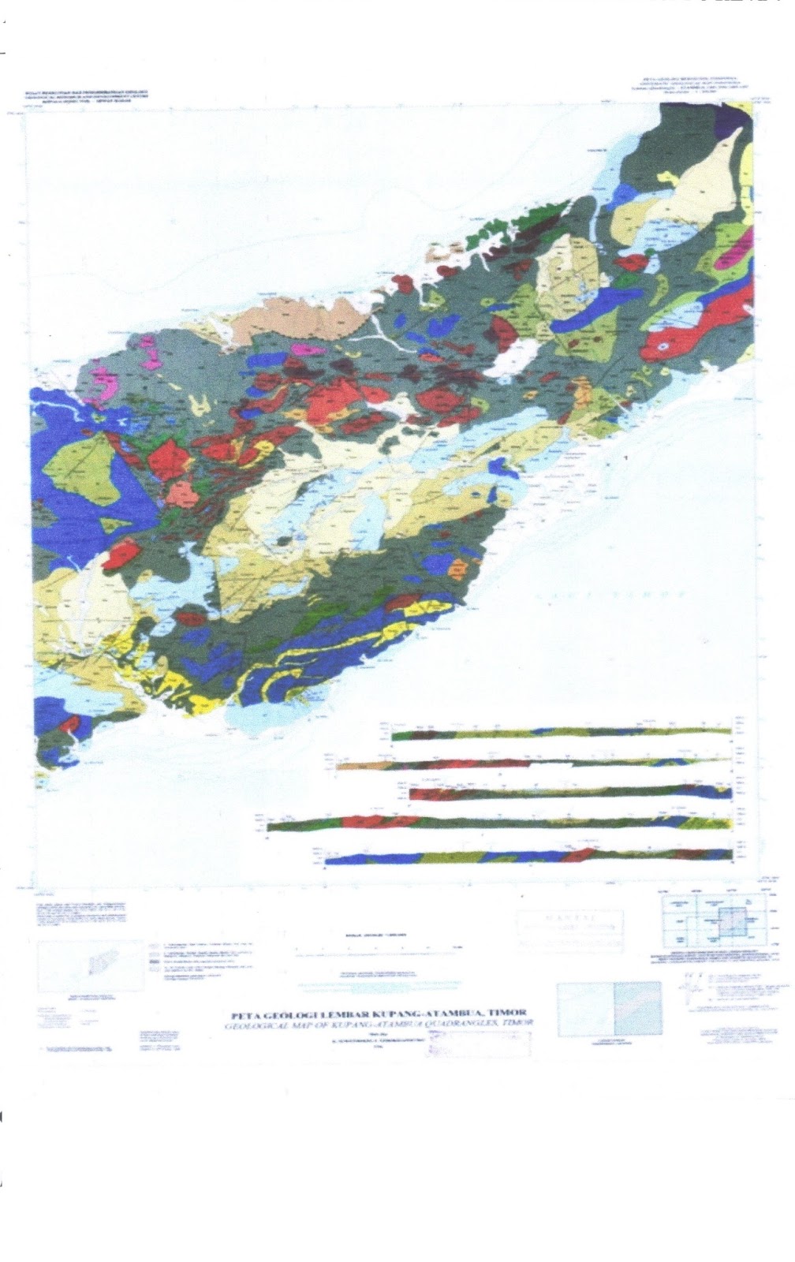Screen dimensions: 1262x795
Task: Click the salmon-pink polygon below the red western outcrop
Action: [x=181, y=494]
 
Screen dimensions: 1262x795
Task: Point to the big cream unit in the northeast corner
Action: [x=710, y=177]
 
